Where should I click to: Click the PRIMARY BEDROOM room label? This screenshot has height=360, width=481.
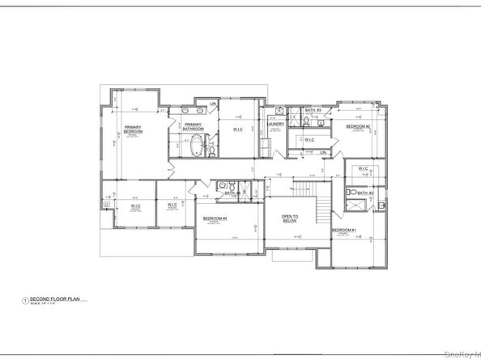click(133, 130)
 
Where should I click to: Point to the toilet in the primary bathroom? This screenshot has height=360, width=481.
click(211, 149)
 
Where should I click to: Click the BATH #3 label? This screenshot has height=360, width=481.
click(313, 110)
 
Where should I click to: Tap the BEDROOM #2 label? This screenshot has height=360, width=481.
click(358, 127)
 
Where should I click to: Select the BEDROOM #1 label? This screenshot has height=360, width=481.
click(343, 231)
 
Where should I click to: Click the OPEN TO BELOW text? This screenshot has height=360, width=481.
click(292, 218)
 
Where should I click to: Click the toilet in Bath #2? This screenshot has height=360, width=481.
click(353, 192)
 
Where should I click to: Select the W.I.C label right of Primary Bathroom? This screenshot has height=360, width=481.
click(240, 128)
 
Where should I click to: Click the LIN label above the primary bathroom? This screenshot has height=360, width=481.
click(213, 104)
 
